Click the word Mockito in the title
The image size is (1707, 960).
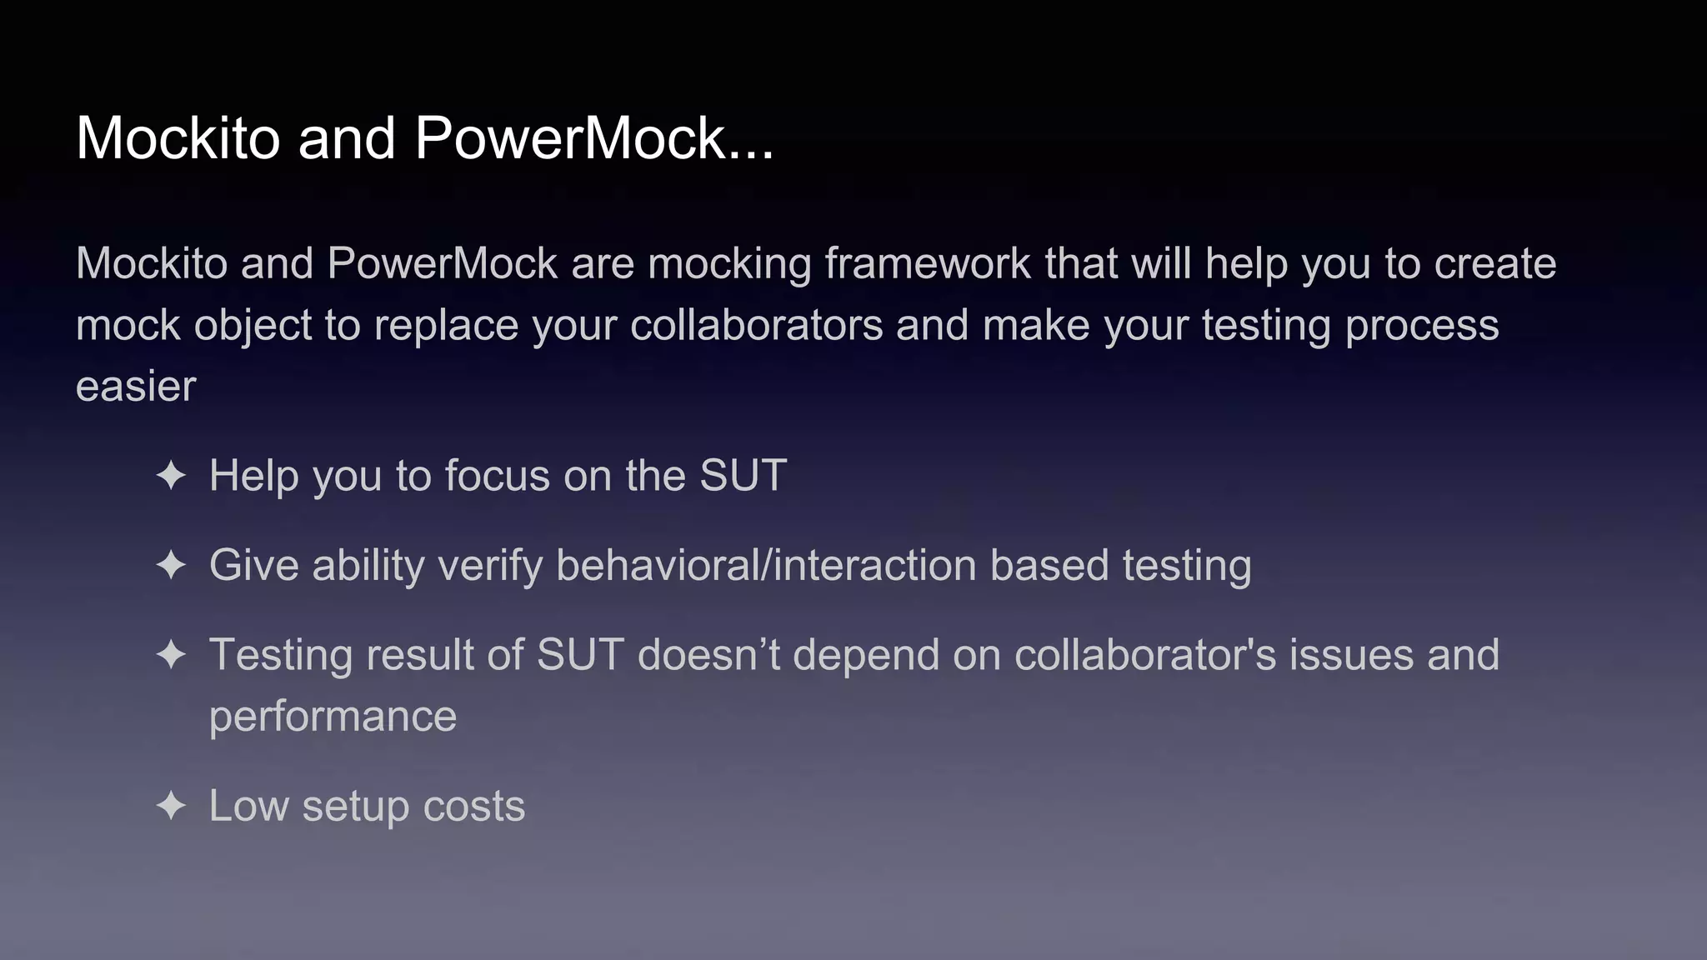coord(178,137)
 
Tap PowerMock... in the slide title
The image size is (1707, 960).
coord(594,137)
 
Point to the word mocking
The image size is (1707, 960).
coord(729,264)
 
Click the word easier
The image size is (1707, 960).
coord(136,387)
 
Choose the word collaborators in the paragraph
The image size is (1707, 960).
coord(756,325)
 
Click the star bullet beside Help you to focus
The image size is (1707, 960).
coord(171,476)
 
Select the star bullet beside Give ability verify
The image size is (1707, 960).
coord(171,566)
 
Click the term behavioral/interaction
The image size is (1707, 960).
coord(766,566)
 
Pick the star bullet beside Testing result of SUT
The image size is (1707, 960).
coord(171,655)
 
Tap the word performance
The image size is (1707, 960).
coord(333,717)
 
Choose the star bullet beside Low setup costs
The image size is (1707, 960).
coord(171,806)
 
